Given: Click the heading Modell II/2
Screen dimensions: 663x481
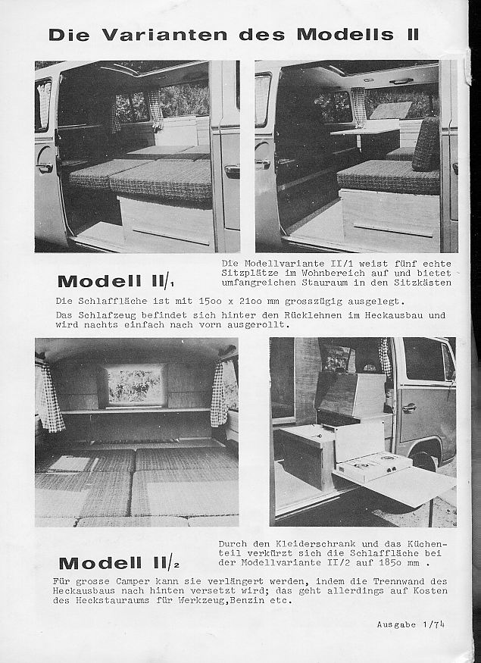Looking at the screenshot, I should [118, 563].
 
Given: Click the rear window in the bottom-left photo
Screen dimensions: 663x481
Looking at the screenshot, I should [135, 386].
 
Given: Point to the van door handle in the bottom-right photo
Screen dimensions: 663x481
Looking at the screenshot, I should [409, 407].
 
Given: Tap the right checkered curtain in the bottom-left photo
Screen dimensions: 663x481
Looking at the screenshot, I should [218, 394].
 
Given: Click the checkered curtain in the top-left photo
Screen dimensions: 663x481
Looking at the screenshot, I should [156, 108].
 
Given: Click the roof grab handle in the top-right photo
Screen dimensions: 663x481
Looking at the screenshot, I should [401, 81].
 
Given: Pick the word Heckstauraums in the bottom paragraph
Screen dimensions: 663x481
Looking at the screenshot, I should [93, 601].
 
